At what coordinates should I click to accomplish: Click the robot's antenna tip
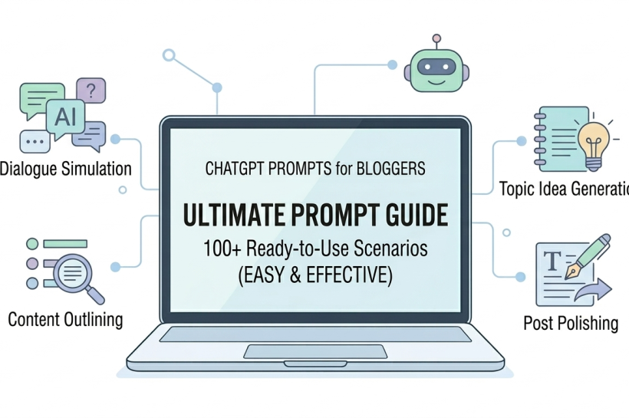click(436, 38)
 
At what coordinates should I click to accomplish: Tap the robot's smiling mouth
click(436, 82)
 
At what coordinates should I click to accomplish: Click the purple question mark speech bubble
click(91, 91)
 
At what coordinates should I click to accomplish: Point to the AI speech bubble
click(65, 117)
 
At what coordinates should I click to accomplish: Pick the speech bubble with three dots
click(35, 142)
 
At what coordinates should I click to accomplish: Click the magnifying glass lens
click(73, 274)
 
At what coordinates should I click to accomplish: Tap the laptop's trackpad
click(315, 351)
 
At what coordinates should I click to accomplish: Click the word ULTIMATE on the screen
click(235, 215)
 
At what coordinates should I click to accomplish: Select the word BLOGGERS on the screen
click(390, 169)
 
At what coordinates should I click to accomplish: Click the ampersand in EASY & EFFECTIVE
click(295, 275)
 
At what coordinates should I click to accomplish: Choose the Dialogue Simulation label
click(66, 169)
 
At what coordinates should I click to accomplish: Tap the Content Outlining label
click(65, 320)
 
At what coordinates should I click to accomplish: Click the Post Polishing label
click(571, 323)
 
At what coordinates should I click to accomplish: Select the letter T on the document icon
click(552, 260)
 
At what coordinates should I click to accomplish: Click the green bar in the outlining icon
click(65, 243)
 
